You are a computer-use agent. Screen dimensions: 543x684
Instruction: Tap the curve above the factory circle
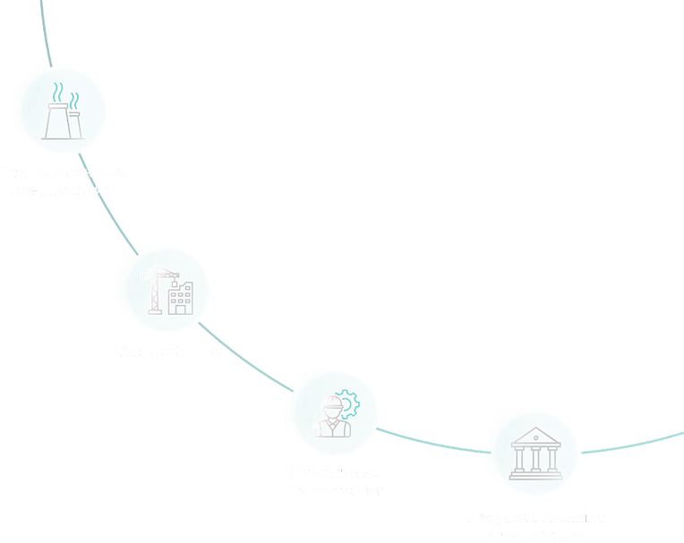(x=44, y=36)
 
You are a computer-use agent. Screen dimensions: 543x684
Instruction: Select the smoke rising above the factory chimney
(x=60, y=92)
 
